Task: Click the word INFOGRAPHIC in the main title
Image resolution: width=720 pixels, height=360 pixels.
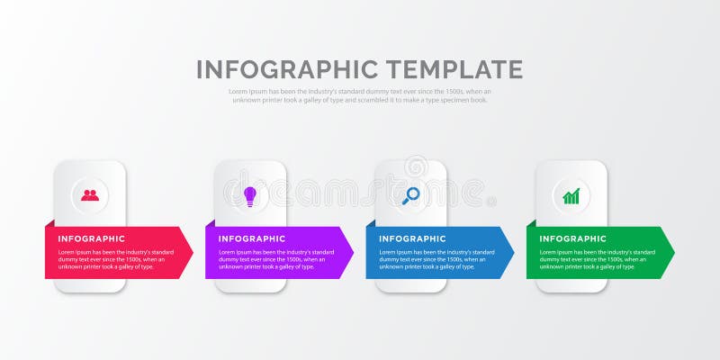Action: tap(287, 69)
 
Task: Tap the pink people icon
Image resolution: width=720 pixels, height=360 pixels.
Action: tap(90, 194)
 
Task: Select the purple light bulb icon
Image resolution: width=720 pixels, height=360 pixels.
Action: tap(250, 194)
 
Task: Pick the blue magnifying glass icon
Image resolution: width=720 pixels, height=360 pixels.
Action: tap(410, 194)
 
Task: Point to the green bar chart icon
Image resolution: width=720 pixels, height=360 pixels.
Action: tap(571, 195)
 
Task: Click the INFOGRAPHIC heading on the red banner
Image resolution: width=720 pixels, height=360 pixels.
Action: tap(92, 238)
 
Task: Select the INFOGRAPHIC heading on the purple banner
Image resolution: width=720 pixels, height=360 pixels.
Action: tap(252, 238)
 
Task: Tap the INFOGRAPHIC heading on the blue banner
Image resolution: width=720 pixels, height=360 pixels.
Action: tap(412, 238)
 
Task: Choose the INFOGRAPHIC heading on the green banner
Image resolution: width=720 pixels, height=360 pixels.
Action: tap(573, 238)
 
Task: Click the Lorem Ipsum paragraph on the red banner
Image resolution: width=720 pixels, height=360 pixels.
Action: tap(116, 259)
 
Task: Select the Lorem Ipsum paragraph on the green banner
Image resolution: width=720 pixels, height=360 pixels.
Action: tap(597, 259)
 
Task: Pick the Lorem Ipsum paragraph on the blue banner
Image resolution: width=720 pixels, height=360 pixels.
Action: tap(436, 259)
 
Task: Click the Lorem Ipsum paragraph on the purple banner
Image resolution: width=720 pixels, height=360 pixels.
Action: tap(276, 259)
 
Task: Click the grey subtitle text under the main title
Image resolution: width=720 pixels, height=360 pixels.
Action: tap(360, 95)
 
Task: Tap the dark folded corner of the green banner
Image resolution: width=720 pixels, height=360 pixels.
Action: tap(531, 223)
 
